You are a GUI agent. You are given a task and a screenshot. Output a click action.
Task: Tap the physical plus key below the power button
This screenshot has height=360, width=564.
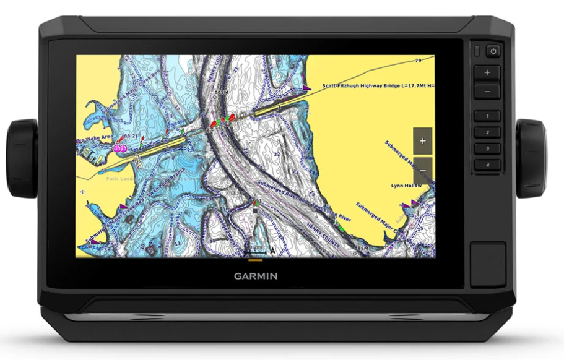tap(487, 72)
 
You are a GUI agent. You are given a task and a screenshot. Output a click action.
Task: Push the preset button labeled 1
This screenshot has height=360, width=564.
tap(487, 116)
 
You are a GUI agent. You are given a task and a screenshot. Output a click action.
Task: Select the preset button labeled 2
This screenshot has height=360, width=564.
tap(487, 132)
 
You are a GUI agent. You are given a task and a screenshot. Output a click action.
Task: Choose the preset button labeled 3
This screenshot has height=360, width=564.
tap(487, 149)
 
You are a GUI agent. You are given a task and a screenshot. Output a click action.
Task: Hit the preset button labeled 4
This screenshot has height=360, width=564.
tap(487, 165)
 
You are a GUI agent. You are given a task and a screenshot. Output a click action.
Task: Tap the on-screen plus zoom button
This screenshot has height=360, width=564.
tap(422, 141)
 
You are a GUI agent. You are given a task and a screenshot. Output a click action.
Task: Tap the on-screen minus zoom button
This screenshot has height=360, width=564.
tap(422, 168)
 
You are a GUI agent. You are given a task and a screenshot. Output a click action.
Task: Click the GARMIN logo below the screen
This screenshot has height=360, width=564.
tap(255, 276)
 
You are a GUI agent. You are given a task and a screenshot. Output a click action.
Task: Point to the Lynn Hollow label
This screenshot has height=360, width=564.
tap(406, 186)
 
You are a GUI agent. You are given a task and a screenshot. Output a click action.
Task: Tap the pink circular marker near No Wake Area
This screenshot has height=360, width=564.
tap(119, 148)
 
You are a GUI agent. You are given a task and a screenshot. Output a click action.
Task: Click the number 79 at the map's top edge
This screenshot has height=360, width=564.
tap(418, 61)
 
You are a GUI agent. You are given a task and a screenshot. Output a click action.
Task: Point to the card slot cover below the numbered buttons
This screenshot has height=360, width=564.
tap(487, 264)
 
